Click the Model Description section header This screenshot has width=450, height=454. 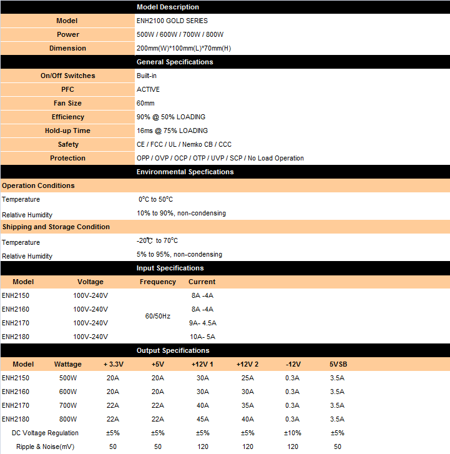(168, 7)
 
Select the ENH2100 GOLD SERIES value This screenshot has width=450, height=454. (172, 21)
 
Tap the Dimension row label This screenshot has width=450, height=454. (67, 48)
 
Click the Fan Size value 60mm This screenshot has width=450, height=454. (145, 103)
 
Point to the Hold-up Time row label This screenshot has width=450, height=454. (67, 131)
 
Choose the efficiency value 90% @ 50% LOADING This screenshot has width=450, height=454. (170, 117)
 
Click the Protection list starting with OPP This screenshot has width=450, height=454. (220, 158)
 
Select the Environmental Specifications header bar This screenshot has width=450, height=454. (185, 172)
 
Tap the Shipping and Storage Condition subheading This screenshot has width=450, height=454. (56, 227)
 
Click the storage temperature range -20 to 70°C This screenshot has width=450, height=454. (159, 240)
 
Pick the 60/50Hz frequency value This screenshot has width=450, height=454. (157, 316)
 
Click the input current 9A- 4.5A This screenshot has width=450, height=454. (202, 323)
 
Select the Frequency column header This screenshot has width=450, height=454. (158, 282)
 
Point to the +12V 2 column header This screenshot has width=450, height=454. (247, 364)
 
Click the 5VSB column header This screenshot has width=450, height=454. (337, 364)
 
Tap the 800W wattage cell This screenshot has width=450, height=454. (68, 419)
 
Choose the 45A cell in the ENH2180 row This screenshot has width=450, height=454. (203, 419)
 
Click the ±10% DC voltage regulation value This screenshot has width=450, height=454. (292, 433)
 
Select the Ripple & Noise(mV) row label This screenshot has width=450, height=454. (45, 447)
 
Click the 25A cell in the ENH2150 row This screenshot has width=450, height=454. (247, 378)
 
